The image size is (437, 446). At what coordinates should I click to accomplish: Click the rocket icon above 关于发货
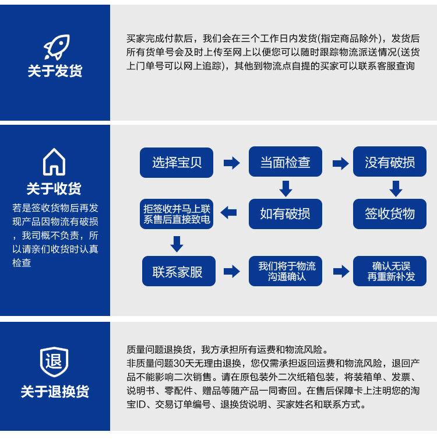(x=55, y=46)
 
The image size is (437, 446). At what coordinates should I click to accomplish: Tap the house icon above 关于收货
(x=54, y=161)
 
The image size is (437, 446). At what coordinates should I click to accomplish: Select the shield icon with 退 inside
(x=54, y=360)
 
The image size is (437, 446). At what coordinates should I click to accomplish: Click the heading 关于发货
(x=55, y=71)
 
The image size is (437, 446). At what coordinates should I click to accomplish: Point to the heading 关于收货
(x=54, y=188)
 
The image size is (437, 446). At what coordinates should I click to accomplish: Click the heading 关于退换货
(x=55, y=391)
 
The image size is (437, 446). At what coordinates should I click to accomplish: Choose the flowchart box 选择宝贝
(x=177, y=163)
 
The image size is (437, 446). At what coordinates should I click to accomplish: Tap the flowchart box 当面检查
(x=285, y=163)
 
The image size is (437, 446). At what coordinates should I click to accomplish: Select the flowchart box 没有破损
(x=390, y=163)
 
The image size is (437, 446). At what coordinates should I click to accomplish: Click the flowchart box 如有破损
(x=285, y=213)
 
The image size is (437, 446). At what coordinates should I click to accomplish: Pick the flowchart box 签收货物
(x=390, y=213)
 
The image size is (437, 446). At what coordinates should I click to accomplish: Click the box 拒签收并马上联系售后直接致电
(x=177, y=213)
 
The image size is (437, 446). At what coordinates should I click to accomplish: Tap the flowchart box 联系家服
(x=177, y=271)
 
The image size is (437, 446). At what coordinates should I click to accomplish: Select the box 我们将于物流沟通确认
(x=287, y=271)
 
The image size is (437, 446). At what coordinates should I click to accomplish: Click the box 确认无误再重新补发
(x=390, y=271)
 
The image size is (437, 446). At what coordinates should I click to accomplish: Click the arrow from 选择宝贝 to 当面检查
(x=231, y=163)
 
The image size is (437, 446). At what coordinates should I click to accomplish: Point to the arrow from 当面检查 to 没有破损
(x=340, y=163)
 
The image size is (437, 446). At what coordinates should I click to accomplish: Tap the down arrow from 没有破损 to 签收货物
(x=396, y=188)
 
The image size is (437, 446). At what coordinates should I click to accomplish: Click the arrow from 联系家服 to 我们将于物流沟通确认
(x=231, y=271)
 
